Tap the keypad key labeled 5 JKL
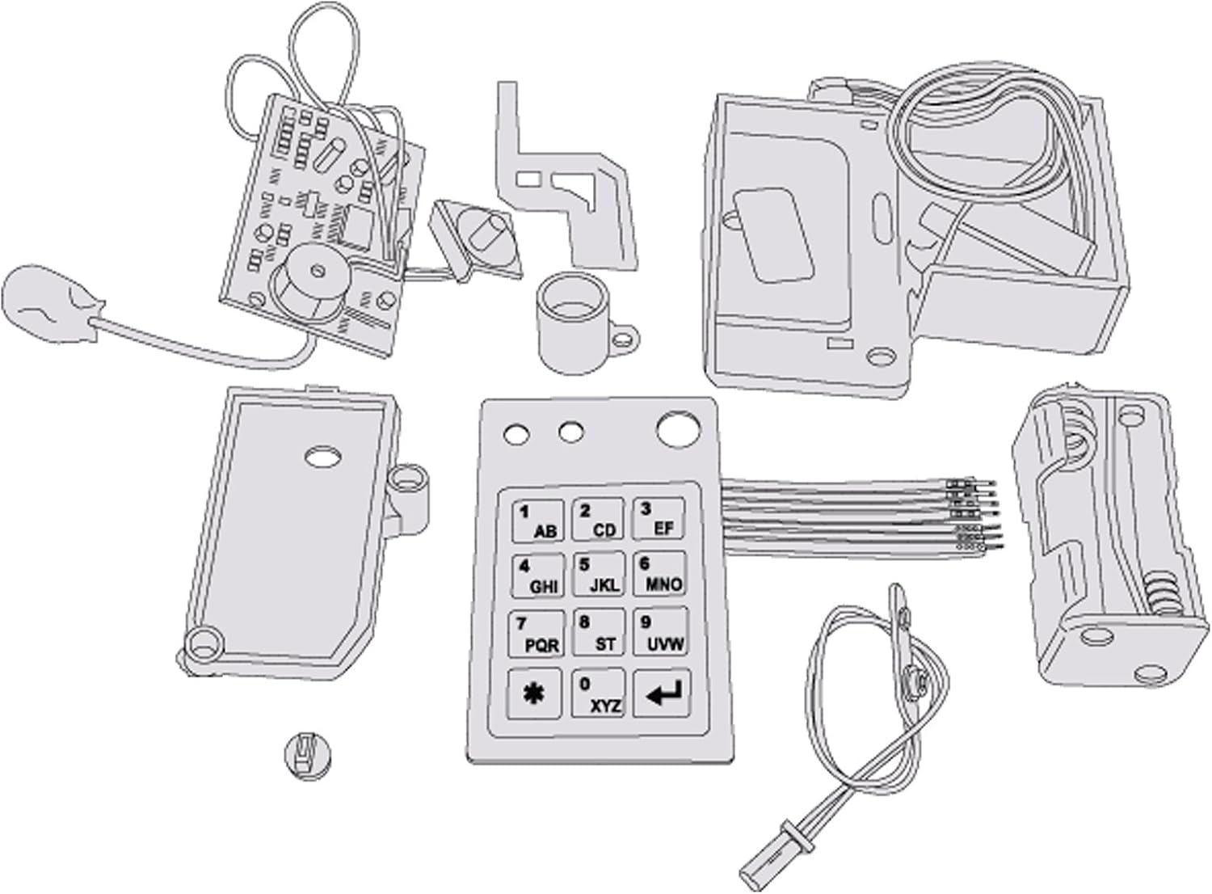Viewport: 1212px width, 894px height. (599, 574)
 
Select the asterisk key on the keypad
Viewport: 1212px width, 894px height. (534, 693)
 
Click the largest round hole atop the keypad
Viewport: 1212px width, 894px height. (678, 429)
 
